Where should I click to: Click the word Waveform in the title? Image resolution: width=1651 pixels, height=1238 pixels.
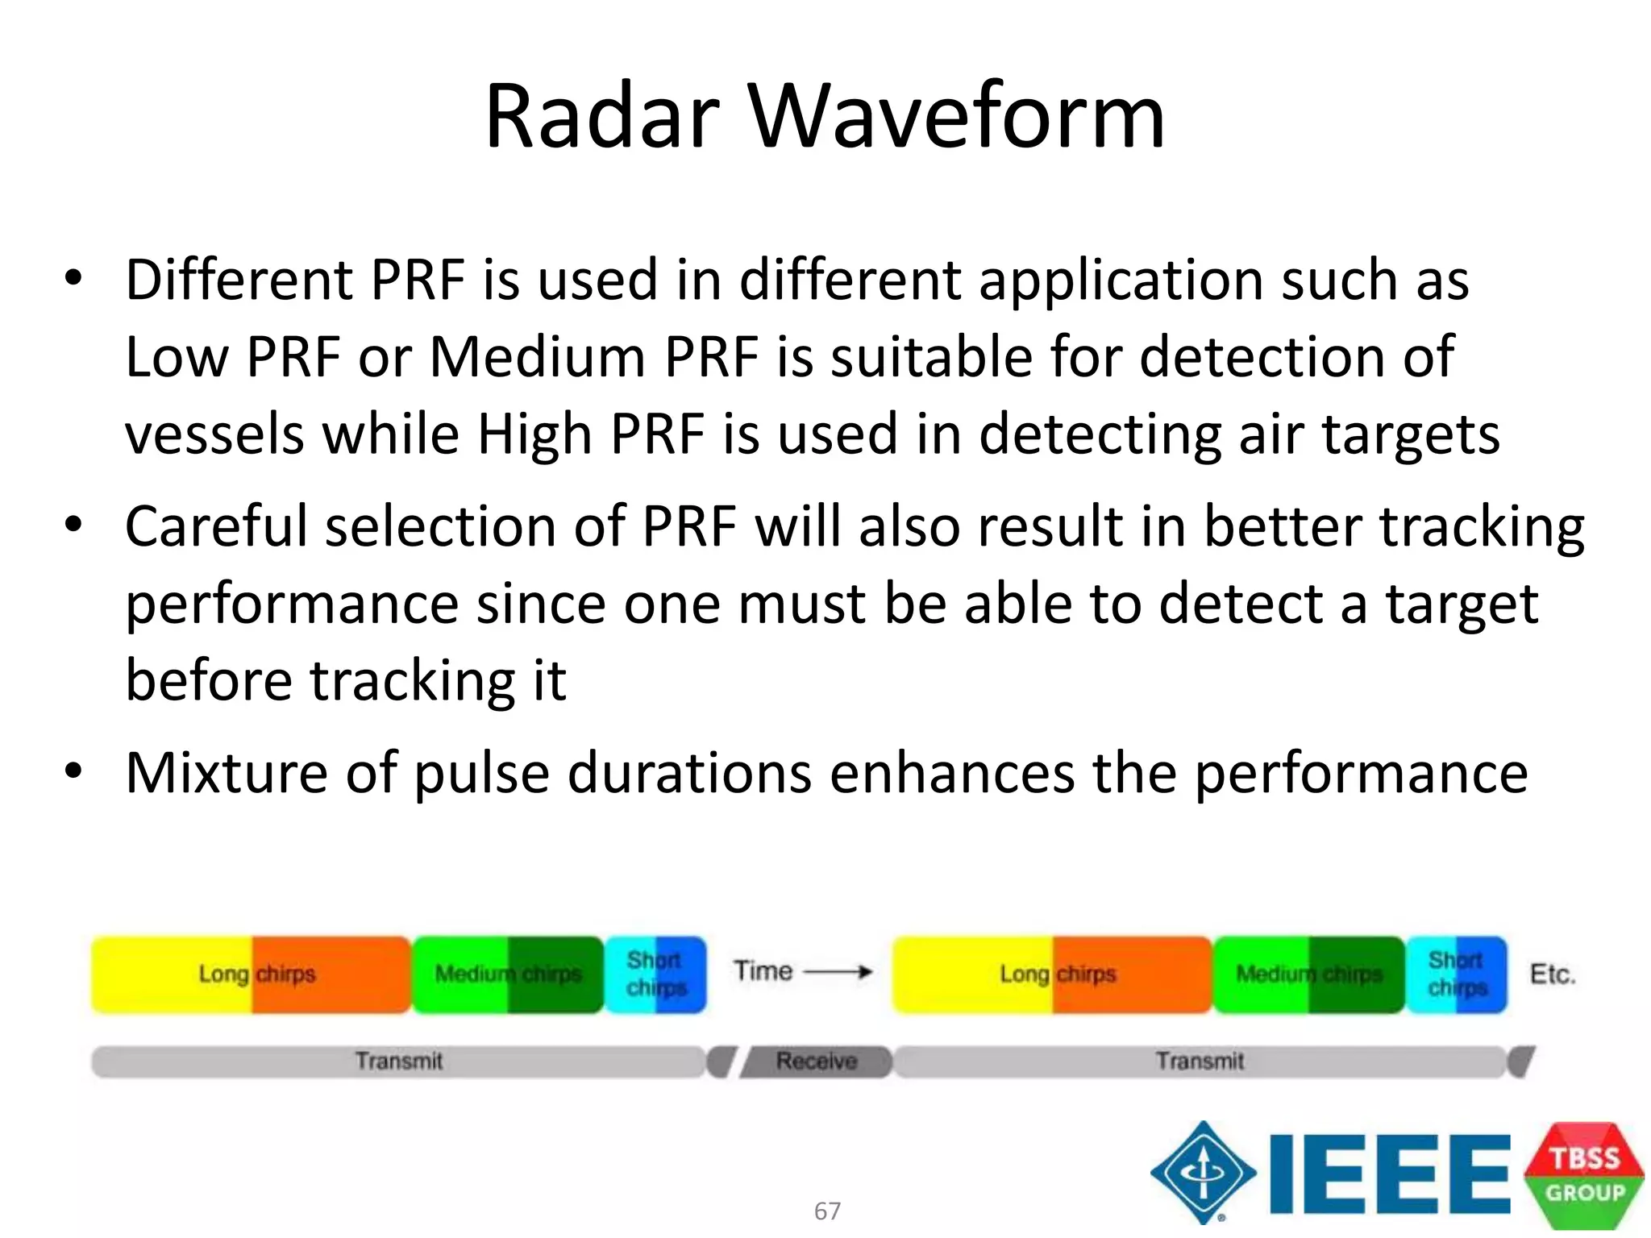coord(956,117)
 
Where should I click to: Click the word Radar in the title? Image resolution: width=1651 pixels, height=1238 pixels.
coord(601,117)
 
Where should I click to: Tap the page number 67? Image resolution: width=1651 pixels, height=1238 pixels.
coord(827,1211)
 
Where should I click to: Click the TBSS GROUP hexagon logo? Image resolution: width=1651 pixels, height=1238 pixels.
coord(1584,1175)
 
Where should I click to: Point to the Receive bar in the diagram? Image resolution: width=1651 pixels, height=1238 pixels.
coord(816,1061)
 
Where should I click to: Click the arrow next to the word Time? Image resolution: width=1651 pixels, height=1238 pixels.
coord(838,972)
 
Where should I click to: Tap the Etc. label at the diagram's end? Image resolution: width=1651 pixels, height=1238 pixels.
coord(1552,974)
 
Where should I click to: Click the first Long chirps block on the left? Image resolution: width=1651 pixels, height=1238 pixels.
coord(252,974)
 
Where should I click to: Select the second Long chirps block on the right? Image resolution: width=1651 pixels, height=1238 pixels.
coord(1053,974)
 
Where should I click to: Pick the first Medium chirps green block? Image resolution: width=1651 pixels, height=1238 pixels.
coord(508,974)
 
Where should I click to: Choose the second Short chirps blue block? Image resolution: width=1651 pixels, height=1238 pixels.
coord(1457,974)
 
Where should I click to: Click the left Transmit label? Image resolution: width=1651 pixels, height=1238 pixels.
coord(399,1061)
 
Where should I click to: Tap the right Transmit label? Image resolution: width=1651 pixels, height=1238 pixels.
coord(1200,1061)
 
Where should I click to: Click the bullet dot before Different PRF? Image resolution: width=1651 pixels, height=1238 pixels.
coord(73,279)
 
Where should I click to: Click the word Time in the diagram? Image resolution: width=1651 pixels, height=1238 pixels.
coord(763,971)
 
